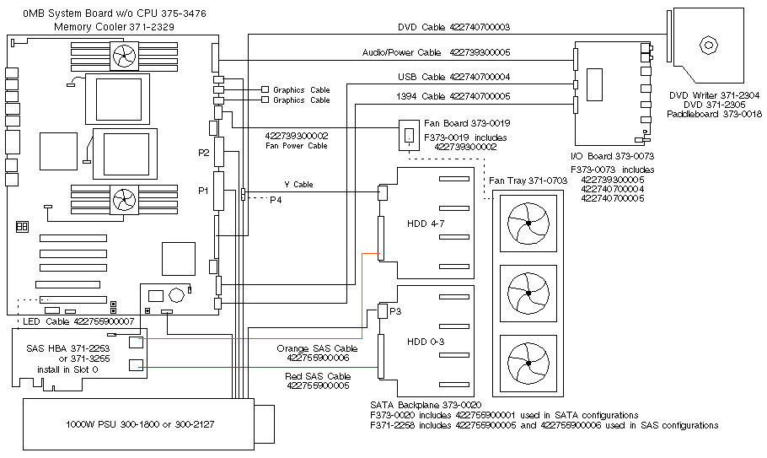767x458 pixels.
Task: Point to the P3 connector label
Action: [394, 310]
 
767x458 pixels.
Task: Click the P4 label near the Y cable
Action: [276, 200]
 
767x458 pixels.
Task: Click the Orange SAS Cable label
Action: [314, 348]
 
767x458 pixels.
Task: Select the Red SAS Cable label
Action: [319, 376]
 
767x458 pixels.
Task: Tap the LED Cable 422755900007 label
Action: [79, 321]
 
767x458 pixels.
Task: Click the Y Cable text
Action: [298, 185]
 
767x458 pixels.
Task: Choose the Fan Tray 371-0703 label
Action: [528, 180]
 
